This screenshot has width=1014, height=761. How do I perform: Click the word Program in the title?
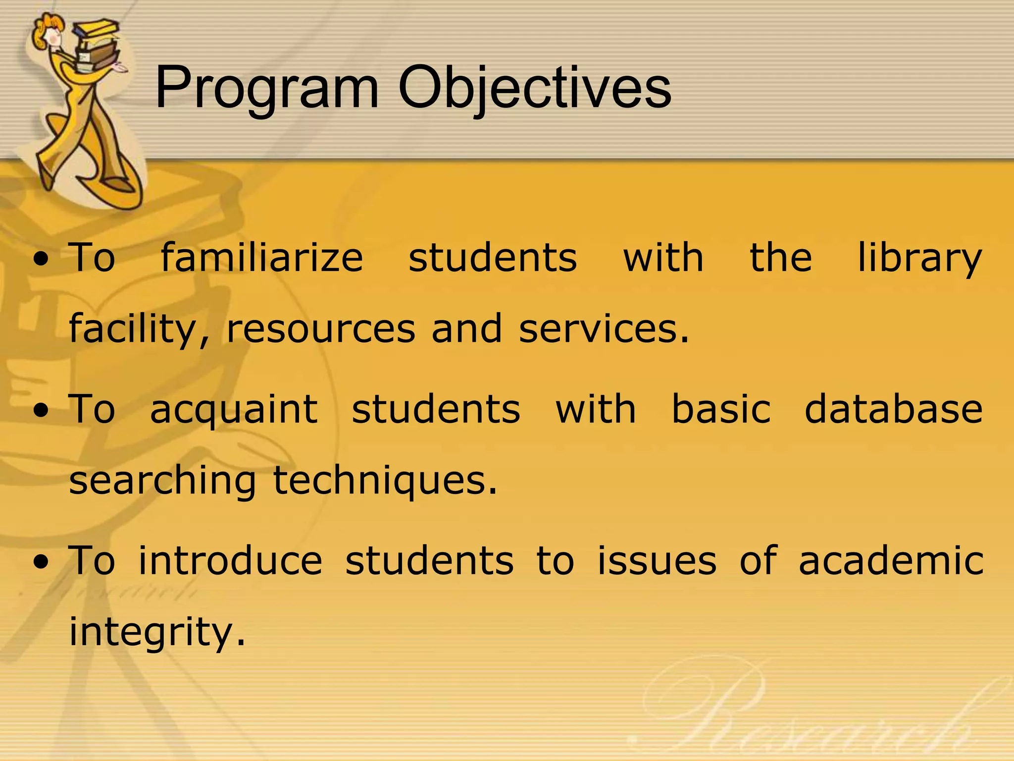267,89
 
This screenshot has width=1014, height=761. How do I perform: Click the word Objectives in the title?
535,89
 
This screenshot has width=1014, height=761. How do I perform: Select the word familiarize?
262,259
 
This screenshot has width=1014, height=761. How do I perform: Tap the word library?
919,259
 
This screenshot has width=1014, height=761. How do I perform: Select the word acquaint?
234,410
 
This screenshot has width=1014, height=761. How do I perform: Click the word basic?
721,410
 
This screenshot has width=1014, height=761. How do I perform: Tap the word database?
893,410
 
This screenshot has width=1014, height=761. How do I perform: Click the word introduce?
230,561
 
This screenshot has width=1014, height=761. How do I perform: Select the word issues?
657,561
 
